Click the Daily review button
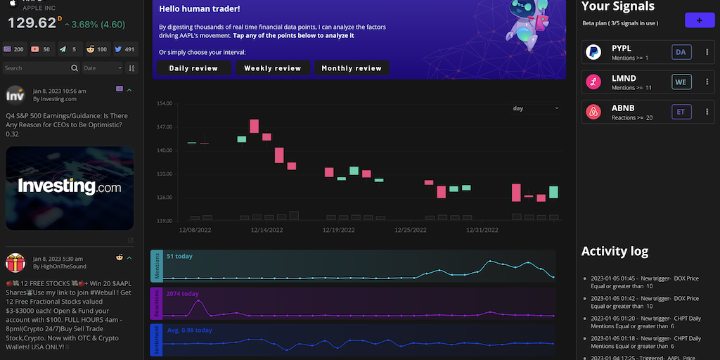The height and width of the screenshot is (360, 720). (x=193, y=68)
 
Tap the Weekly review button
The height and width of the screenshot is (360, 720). (x=273, y=68)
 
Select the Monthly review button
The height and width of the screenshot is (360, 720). (x=352, y=68)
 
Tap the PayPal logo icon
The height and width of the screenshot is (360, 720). (x=593, y=52)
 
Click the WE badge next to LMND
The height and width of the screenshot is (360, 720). (x=680, y=82)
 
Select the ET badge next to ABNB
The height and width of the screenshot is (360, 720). (x=680, y=112)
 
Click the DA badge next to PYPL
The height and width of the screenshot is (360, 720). (x=680, y=52)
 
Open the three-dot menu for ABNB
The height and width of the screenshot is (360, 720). (x=707, y=112)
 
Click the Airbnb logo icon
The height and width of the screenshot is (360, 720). (x=593, y=112)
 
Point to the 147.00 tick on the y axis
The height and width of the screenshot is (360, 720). (x=164, y=127)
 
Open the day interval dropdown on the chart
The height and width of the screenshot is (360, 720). (x=535, y=108)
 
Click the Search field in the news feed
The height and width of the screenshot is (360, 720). (x=37, y=68)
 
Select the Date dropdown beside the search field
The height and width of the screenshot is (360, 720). (x=102, y=68)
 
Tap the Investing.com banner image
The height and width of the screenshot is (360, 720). (x=70, y=188)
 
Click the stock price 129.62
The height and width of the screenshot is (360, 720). (x=32, y=23)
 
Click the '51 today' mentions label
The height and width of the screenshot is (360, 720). (x=179, y=257)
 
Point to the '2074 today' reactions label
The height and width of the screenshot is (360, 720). (x=183, y=294)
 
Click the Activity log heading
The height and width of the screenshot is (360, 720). (x=615, y=252)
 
